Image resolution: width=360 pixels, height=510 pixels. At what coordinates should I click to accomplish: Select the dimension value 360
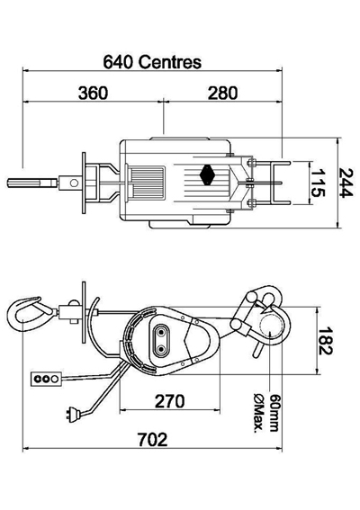[94, 93]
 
